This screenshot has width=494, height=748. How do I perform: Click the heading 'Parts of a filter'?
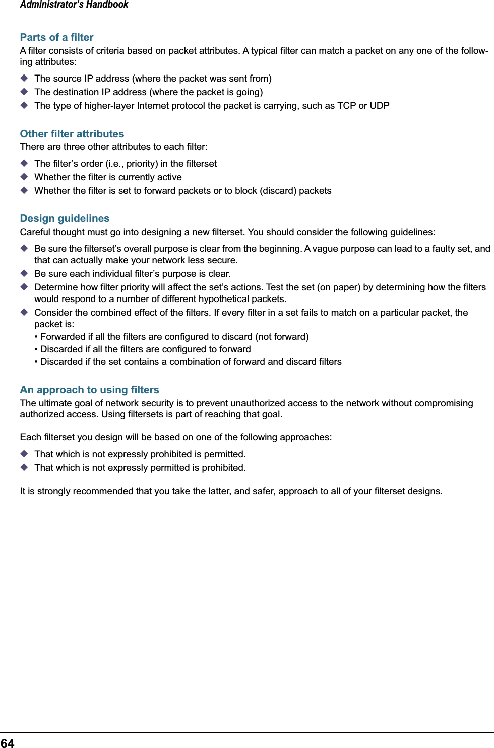[56, 37]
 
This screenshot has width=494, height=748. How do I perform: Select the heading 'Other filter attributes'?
[72, 134]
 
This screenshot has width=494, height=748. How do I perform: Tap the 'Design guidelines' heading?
[65, 218]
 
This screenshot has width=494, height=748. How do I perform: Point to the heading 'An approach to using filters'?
[89, 390]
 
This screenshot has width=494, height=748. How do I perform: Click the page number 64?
[8, 743]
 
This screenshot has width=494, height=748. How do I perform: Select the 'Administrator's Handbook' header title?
[74, 5]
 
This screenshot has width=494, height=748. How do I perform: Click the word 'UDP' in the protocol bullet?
[380, 106]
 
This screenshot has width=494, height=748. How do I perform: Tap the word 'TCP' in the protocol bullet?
[347, 106]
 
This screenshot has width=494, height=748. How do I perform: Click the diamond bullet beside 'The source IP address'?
[24, 78]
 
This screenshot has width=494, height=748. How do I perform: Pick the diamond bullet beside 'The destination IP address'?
[24, 92]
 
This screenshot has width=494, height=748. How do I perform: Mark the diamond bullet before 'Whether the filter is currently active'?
[24, 177]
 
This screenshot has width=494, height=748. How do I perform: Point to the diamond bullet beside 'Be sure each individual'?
[24, 273]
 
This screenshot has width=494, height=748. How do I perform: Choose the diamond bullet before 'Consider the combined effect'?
[24, 312]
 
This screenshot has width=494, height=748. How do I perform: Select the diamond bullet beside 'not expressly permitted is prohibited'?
[24, 467]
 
